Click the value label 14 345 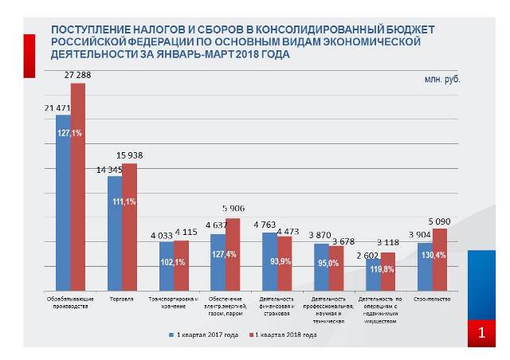(x=110, y=170)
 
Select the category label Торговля (x=122, y=299)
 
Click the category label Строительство (x=433, y=299)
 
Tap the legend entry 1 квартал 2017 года (x=206, y=335)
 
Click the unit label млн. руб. (x=441, y=80)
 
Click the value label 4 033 (x=161, y=235)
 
